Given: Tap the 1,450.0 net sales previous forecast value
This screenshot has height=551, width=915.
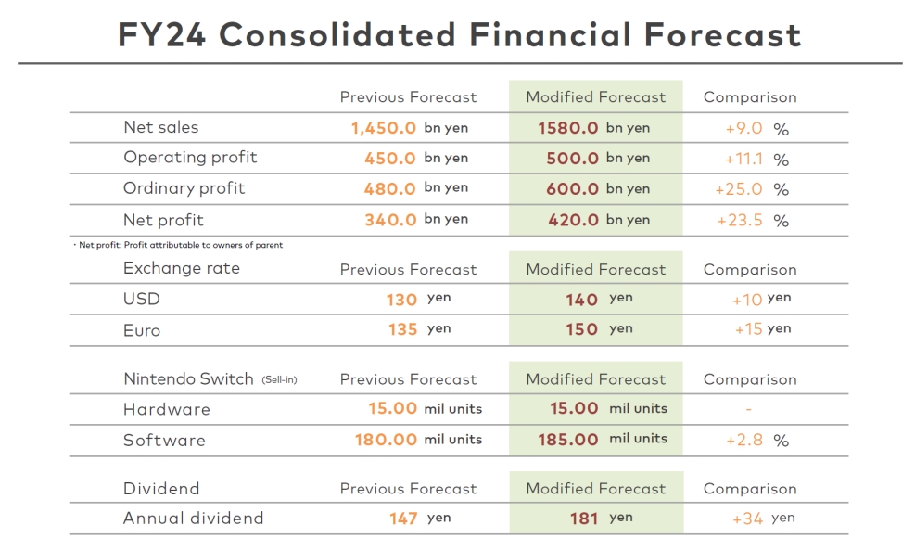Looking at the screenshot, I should pyautogui.click(x=383, y=128).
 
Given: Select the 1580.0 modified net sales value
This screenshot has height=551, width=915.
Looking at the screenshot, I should pyautogui.click(x=568, y=128).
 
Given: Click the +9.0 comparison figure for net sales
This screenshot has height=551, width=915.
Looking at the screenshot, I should pyautogui.click(x=743, y=129).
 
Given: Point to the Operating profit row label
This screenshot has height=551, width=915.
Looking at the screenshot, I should pyautogui.click(x=190, y=158).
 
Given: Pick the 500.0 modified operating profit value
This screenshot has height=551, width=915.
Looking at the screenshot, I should pyautogui.click(x=572, y=159).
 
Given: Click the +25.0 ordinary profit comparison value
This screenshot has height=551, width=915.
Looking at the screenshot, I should pyautogui.click(x=739, y=189).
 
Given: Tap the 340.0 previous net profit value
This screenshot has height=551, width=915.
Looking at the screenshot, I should pyautogui.click(x=389, y=220).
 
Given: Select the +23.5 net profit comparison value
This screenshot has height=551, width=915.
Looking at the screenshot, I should pyautogui.click(x=740, y=221).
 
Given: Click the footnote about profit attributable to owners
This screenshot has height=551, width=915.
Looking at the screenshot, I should pyautogui.click(x=177, y=245).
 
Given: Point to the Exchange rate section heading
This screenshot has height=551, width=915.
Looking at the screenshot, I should pyautogui.click(x=182, y=269).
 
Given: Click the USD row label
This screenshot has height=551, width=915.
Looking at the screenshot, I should pyautogui.click(x=142, y=299).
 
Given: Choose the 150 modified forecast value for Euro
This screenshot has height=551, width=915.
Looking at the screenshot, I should pyautogui.click(x=581, y=329).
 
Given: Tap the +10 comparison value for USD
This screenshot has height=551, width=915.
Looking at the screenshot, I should pyautogui.click(x=746, y=300).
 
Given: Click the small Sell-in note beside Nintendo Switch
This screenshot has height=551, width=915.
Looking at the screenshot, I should pyautogui.click(x=279, y=380).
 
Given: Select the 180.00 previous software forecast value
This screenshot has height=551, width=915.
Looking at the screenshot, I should pyautogui.click(x=386, y=440).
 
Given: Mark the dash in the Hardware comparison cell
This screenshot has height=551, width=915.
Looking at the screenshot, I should pyautogui.click(x=748, y=409).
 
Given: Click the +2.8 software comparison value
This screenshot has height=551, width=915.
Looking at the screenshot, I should pyautogui.click(x=743, y=440).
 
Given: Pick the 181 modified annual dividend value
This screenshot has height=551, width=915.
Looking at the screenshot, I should pyautogui.click(x=584, y=519).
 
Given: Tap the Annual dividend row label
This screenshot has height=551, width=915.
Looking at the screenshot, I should pyautogui.click(x=193, y=519).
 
